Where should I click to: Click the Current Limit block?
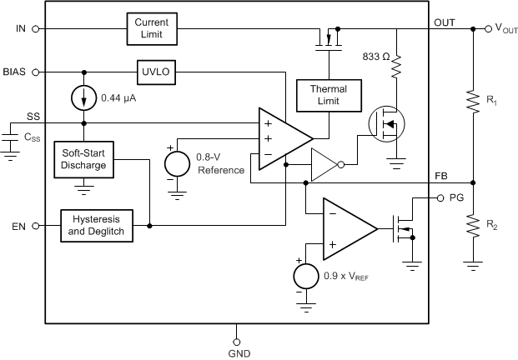pos(153,28)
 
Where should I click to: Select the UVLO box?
pos(154,72)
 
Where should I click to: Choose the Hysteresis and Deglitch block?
pos(98,226)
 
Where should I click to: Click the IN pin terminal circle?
pos(36,28)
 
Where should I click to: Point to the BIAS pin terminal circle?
pos(36,72)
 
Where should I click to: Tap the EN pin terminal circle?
pos(36,226)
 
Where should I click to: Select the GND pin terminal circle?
pos(236,342)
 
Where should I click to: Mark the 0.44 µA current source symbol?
pos(84,97)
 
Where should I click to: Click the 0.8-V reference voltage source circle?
pos(177,162)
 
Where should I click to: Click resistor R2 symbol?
pos(473,226)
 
